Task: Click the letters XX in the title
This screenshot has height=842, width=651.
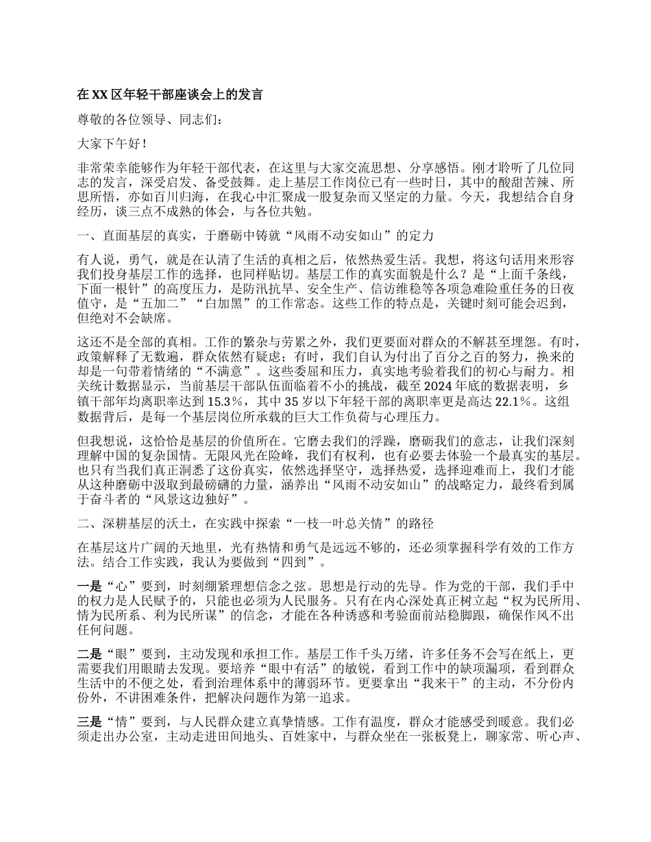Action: (x=100, y=94)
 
